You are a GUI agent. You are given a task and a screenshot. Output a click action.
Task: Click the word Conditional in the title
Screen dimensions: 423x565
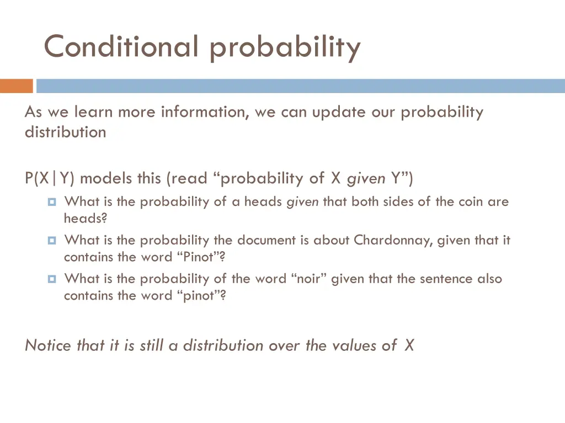121,46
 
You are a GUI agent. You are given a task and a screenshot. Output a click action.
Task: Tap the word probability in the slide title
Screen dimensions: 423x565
285,48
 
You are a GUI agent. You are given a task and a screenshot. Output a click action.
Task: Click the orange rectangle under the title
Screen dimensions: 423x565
17,86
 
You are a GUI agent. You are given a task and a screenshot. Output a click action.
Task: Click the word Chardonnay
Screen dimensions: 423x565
393,240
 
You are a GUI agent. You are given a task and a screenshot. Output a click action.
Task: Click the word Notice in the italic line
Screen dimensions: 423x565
48,345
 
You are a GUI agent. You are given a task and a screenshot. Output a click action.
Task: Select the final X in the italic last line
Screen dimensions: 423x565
409,345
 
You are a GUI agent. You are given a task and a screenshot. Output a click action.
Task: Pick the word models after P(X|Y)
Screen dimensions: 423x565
106,178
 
